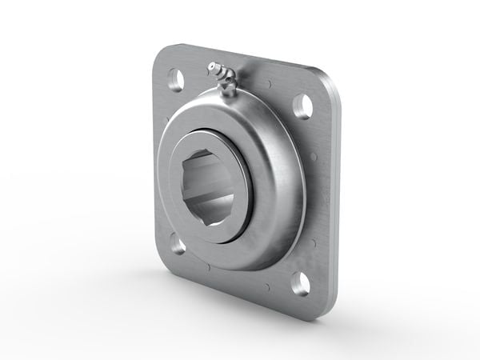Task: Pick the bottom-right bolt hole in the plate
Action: click(301, 282)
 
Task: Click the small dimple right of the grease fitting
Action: click(269, 83)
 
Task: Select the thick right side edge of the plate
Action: click(334, 200)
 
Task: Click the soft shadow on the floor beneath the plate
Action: click(240, 316)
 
